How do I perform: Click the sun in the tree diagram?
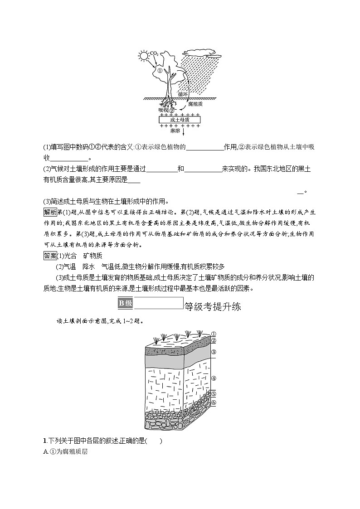point(144,56)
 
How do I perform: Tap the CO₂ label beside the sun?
point(154,53)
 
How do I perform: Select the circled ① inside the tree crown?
point(160,70)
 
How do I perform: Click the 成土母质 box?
point(180,120)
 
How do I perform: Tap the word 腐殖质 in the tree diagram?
point(195,104)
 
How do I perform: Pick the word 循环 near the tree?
point(183,94)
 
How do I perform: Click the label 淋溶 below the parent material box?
point(175,131)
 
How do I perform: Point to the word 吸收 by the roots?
point(163,110)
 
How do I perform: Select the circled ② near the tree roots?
point(172,109)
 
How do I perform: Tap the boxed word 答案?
point(50,256)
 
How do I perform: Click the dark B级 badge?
point(126,303)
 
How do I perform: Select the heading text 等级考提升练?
point(212,307)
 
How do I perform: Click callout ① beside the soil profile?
point(213,334)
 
